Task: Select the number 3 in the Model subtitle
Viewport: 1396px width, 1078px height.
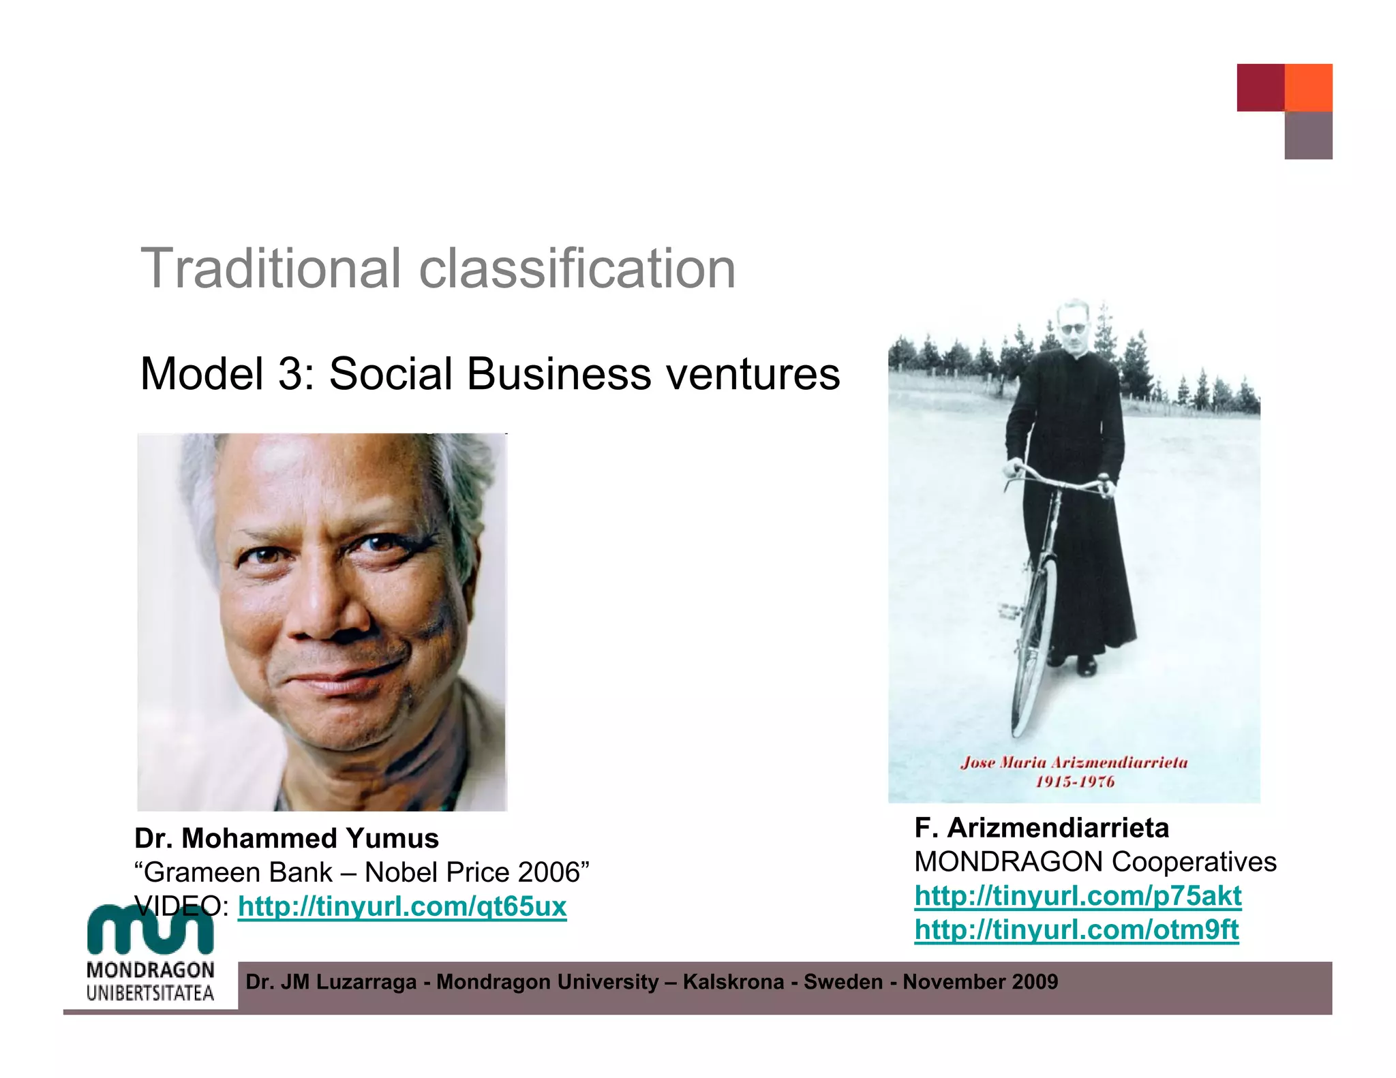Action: (x=292, y=374)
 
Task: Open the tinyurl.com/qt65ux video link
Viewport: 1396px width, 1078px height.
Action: (x=402, y=907)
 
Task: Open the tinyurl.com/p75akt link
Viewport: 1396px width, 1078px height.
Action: (x=1078, y=896)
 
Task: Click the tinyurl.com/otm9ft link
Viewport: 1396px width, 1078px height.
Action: (x=1076, y=929)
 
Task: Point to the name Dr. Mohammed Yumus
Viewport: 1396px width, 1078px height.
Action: (x=286, y=838)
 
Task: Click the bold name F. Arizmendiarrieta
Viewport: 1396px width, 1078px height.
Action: (x=1042, y=828)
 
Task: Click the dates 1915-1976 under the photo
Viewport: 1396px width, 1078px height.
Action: (x=1075, y=782)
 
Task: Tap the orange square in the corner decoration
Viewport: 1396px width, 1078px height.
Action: (x=1308, y=87)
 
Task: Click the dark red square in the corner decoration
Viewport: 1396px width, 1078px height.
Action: (x=1260, y=87)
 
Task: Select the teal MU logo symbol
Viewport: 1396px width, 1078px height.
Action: (x=150, y=928)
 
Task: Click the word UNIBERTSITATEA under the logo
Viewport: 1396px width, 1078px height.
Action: (x=150, y=993)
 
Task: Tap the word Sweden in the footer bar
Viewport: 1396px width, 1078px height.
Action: (x=843, y=982)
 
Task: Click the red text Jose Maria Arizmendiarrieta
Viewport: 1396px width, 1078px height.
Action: (x=1074, y=763)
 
